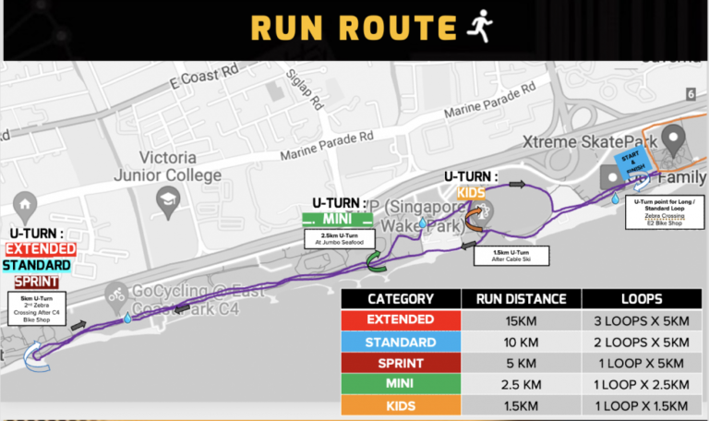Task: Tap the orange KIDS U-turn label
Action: (x=471, y=193)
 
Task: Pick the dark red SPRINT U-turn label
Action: (x=35, y=282)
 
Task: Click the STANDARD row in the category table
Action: (x=401, y=341)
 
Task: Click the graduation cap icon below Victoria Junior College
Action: (x=167, y=199)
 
